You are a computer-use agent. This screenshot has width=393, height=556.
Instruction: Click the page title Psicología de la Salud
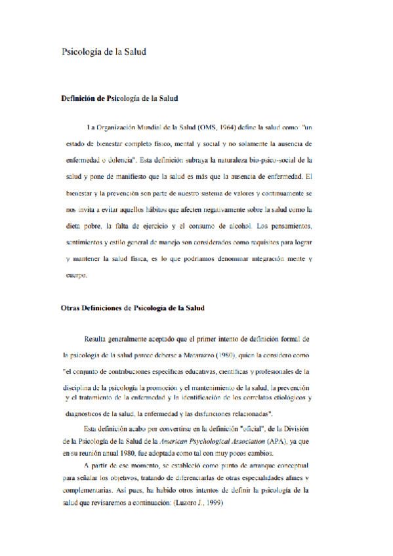tap(103, 51)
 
